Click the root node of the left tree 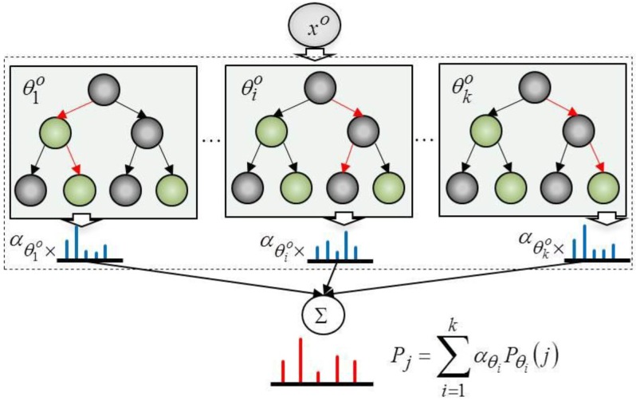pyautogui.click(x=100, y=89)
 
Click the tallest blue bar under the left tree pyautogui.click(x=77, y=242)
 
